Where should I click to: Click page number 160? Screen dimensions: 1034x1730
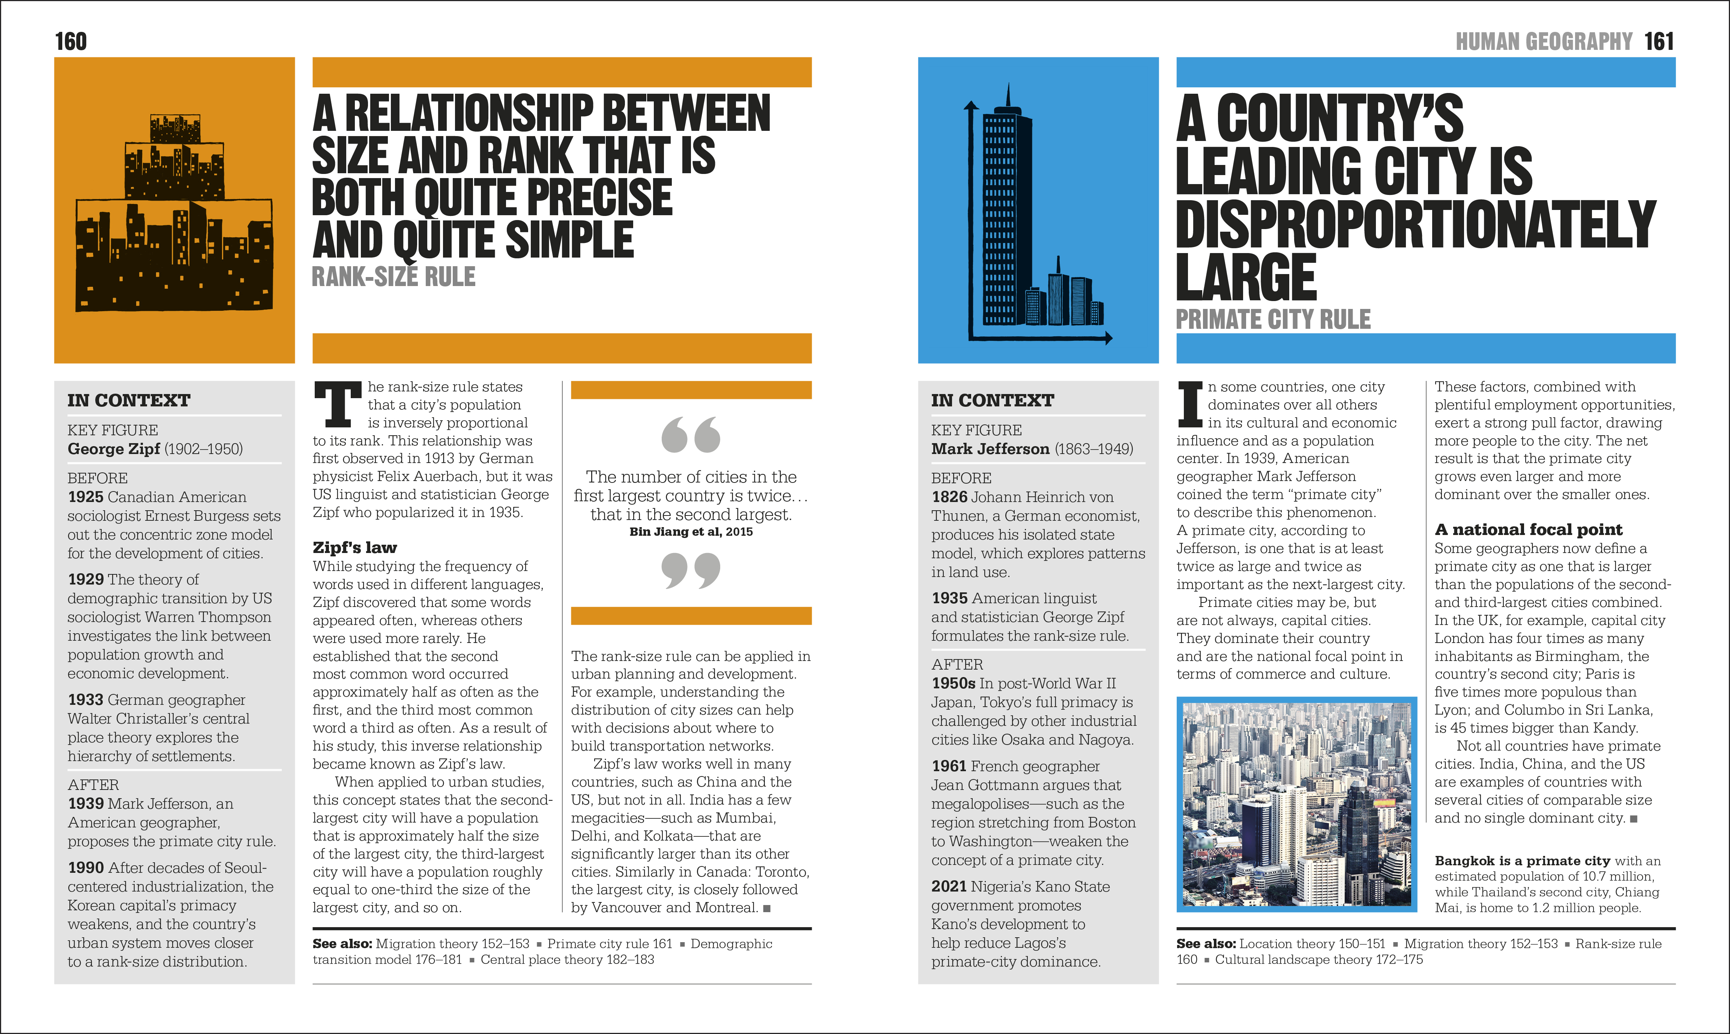coord(71,42)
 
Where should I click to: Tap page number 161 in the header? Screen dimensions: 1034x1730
coord(1658,42)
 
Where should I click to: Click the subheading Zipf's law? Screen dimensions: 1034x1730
coord(355,548)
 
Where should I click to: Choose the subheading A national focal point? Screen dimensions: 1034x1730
coord(1528,529)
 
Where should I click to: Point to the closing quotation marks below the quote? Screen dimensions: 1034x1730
coord(691,570)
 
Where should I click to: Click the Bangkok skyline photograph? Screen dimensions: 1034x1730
coord(1296,803)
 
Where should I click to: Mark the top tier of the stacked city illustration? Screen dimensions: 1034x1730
coord(175,130)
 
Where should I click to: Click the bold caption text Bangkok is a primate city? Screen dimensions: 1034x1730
coord(1522,861)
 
